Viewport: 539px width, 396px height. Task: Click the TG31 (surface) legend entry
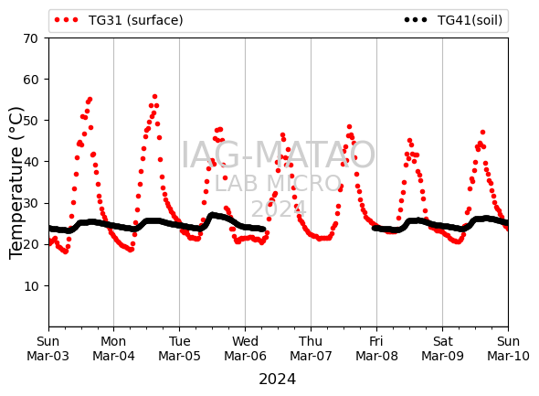(x=119, y=20)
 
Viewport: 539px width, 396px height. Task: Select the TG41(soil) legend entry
(x=453, y=20)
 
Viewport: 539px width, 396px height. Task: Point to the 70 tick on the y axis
(x=30, y=38)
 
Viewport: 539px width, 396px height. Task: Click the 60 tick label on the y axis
(x=30, y=80)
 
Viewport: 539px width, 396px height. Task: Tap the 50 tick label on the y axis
(x=30, y=121)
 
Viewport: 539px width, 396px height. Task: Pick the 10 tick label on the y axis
(x=30, y=286)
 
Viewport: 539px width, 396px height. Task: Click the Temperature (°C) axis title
(x=16, y=183)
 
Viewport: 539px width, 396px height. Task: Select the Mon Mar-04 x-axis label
(x=113, y=348)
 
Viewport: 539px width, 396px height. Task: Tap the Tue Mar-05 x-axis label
(x=179, y=348)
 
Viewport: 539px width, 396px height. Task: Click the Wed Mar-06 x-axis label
(x=245, y=348)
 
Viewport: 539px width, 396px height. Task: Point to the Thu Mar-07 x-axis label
(x=311, y=348)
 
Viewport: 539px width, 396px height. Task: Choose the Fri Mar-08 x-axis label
(x=376, y=348)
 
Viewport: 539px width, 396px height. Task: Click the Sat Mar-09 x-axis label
(x=442, y=348)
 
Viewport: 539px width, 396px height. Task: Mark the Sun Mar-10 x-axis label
(x=508, y=348)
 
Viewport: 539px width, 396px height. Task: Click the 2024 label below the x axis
(x=277, y=380)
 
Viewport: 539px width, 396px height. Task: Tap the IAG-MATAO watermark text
(x=278, y=155)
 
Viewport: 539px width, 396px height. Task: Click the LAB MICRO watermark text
(x=278, y=183)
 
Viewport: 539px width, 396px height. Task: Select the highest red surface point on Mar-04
(x=154, y=97)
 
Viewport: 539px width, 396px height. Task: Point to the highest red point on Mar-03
(x=90, y=100)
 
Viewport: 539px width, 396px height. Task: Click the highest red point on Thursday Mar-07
(x=349, y=126)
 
